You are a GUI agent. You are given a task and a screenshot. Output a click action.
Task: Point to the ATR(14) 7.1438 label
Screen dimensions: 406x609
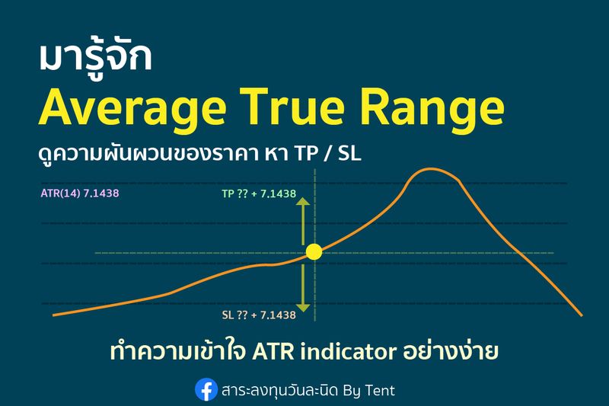[80, 193]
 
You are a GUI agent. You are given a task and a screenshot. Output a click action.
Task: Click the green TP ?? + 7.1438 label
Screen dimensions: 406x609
[259, 193]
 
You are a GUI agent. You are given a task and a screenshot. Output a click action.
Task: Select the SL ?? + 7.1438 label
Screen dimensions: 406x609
[259, 315]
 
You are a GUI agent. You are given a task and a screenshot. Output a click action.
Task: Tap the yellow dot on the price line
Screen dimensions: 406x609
[314, 251]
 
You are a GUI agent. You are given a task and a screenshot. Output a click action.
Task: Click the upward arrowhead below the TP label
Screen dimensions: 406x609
[304, 202]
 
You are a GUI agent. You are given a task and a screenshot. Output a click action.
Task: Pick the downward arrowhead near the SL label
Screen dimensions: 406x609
[304, 307]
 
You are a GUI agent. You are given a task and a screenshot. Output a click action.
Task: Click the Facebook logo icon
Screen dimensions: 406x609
[206, 390]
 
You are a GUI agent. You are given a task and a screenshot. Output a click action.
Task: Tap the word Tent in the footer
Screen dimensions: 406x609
[378, 391]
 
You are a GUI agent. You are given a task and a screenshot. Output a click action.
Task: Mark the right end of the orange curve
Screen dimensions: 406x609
[581, 314]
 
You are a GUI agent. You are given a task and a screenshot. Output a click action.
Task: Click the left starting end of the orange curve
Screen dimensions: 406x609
[53, 314]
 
